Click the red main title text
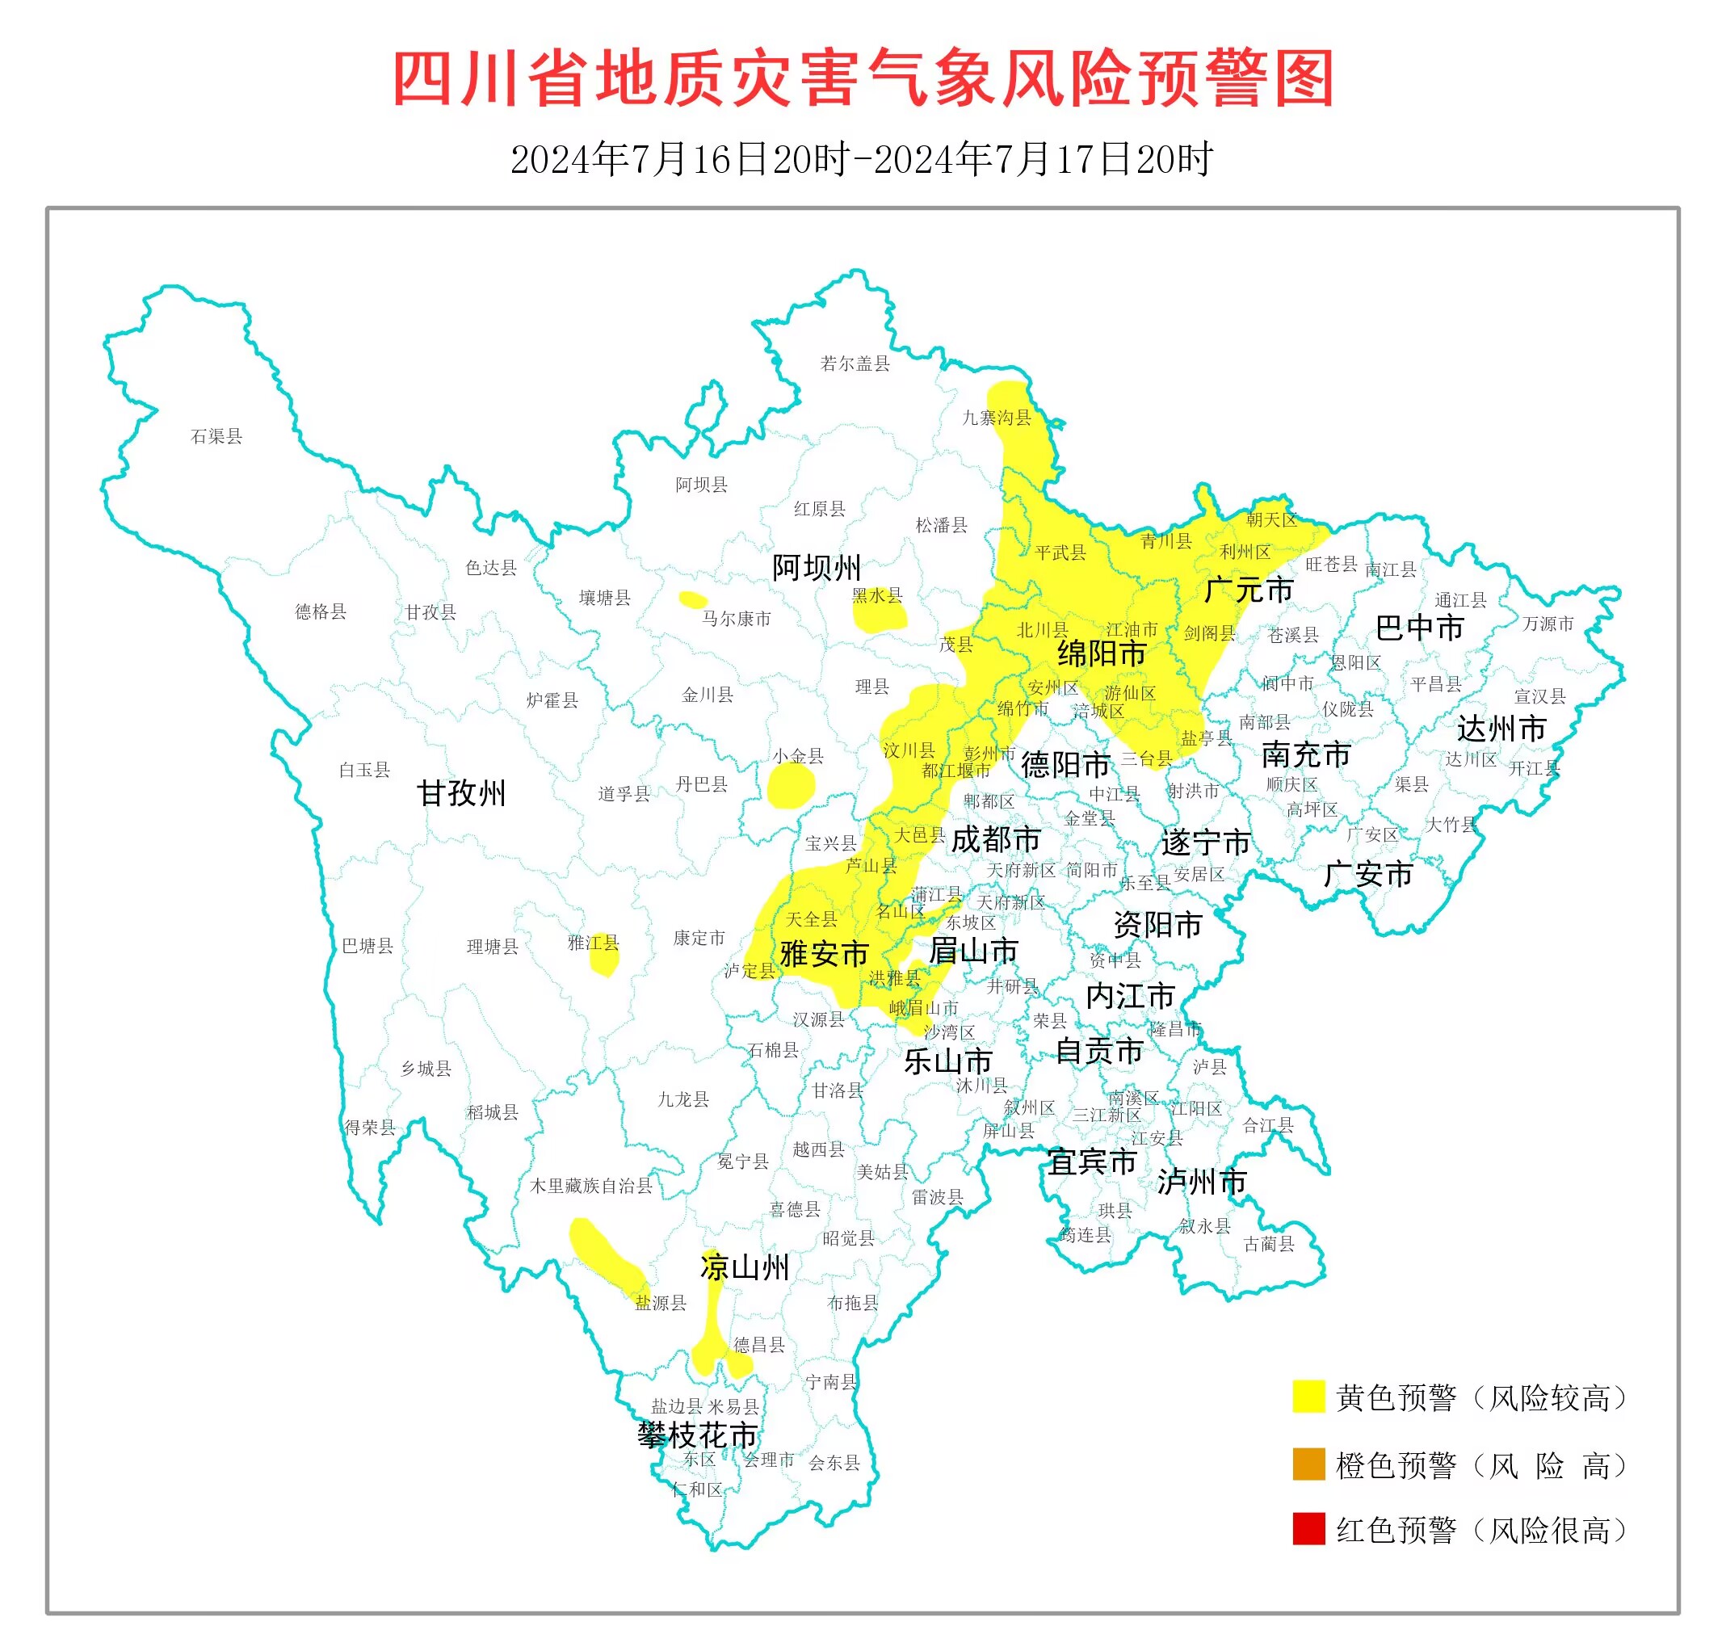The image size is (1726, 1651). point(863,79)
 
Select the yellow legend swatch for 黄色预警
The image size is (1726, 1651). point(1308,1397)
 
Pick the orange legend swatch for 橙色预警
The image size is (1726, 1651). point(1308,1464)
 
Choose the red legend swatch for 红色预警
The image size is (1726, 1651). point(1308,1530)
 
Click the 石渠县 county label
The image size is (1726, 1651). point(216,436)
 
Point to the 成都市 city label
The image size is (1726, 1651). point(996,839)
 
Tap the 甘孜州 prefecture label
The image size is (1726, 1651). point(461,794)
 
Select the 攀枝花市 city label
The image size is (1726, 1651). point(697,1435)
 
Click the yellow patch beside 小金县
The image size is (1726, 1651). point(791,786)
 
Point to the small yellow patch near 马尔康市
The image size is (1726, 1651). point(693,600)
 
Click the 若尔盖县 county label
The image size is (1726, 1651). point(855,363)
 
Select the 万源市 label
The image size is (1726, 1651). point(1548,624)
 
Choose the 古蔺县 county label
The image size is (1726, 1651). point(1268,1244)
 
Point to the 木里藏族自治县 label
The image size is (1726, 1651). point(590,1186)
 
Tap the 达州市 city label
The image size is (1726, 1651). point(1501,729)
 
